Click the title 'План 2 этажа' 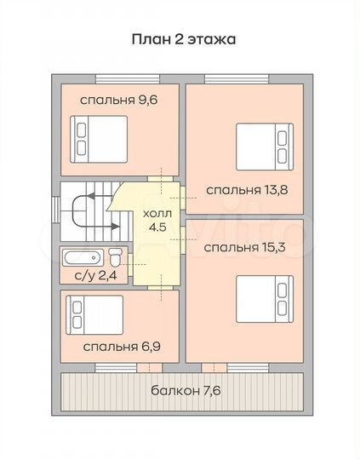[182, 38]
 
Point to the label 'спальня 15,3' [243, 247]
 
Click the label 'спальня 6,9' [117, 347]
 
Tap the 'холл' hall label [157, 214]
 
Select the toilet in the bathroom [116, 255]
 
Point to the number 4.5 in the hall [157, 227]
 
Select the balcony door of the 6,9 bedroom [149, 368]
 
